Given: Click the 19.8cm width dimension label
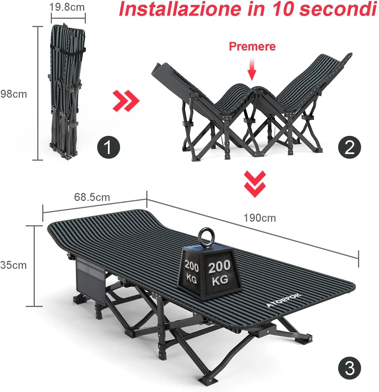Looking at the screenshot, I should [67, 7].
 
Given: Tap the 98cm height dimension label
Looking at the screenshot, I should [14, 94].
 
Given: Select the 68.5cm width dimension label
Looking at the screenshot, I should [92, 197].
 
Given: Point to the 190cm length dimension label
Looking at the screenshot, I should [260, 218].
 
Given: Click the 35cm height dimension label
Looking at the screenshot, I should [14, 265].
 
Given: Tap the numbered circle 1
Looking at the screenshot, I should [108, 147].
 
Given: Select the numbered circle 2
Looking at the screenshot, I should [349, 147].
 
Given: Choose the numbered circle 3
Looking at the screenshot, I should [349, 368].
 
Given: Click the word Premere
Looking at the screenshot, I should [252, 46].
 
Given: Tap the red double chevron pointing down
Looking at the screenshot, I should [255, 184].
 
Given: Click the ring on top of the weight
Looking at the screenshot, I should [205, 236].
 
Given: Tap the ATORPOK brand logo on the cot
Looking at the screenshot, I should [283, 300].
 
